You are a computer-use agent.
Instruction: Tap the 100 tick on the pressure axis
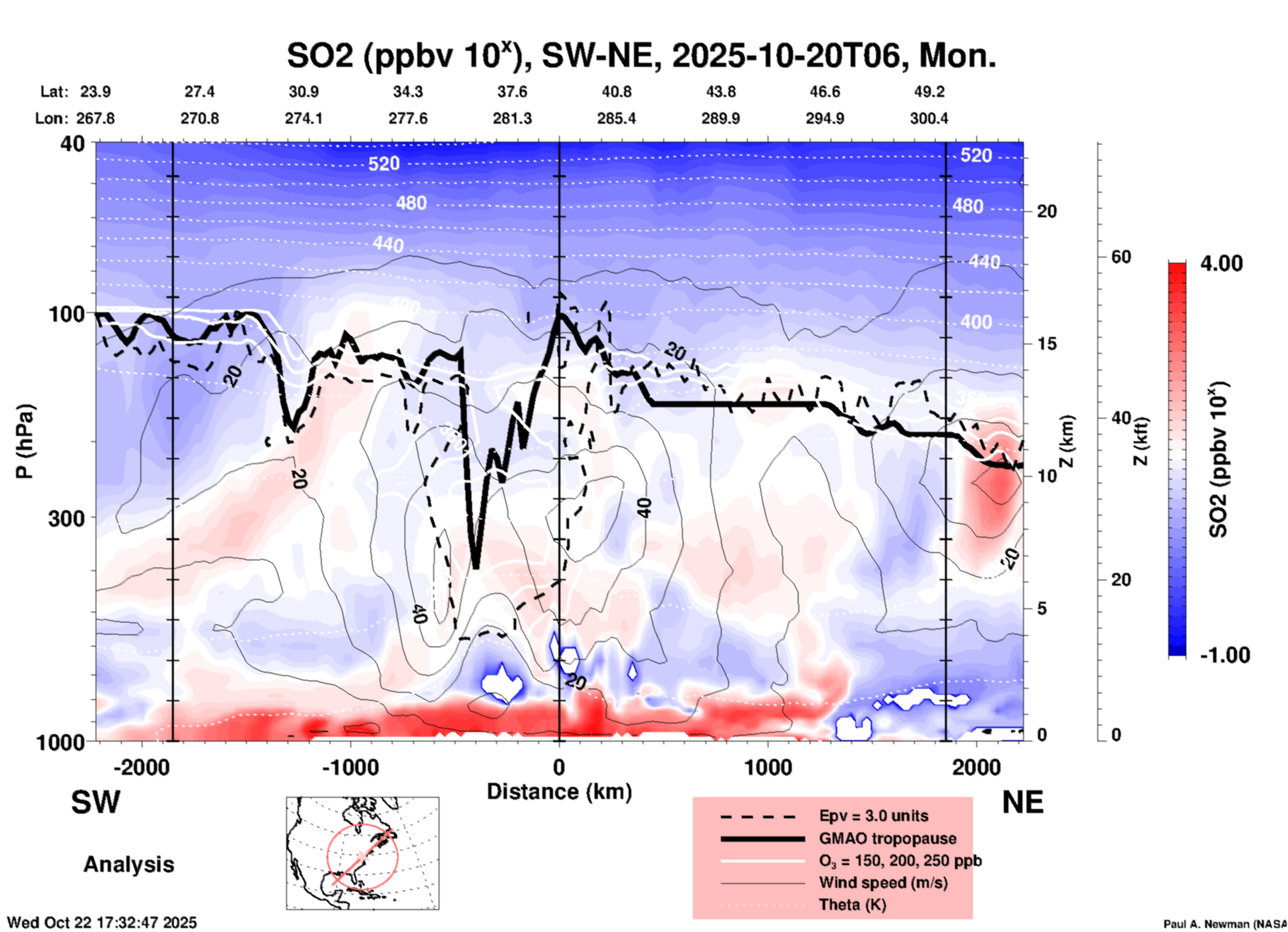(67, 314)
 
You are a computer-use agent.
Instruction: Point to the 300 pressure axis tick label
(67, 518)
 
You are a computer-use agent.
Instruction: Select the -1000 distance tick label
(350, 767)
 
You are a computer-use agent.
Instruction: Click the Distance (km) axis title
(559, 792)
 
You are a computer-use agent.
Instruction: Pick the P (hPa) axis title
(25, 441)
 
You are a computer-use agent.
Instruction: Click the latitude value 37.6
(512, 92)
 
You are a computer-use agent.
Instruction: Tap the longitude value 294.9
(825, 118)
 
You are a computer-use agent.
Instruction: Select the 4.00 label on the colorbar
(1221, 263)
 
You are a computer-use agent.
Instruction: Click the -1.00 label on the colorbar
(1224, 655)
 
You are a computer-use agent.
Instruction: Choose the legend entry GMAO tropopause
(887, 838)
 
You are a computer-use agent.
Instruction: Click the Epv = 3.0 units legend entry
(873, 816)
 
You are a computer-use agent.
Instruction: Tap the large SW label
(96, 802)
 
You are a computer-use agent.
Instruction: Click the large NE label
(1023, 802)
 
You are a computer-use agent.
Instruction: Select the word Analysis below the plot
(128, 864)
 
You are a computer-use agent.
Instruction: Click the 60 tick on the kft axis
(1121, 257)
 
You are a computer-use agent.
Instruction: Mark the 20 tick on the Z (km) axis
(1047, 211)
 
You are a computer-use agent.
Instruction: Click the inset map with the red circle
(362, 853)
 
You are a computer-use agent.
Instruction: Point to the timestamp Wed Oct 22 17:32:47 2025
(102, 923)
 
